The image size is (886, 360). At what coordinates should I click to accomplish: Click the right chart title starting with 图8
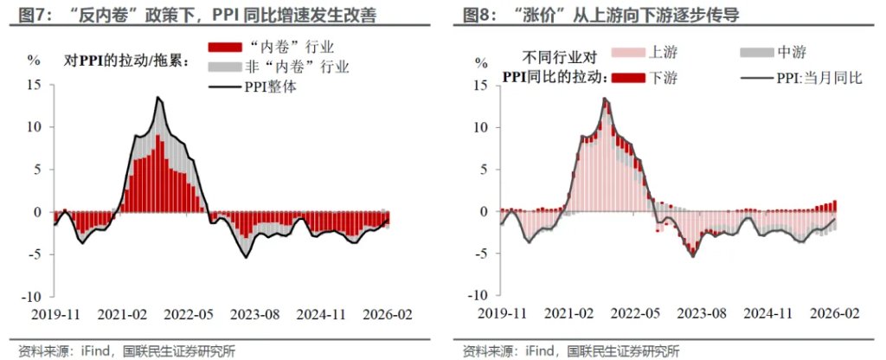pyautogui.click(x=606, y=16)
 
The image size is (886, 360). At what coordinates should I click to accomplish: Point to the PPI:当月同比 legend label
pyautogui.click(x=813, y=79)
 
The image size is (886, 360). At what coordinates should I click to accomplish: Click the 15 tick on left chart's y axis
pyautogui.click(x=34, y=85)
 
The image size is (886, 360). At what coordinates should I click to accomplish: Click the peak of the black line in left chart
pyautogui.click(x=157, y=97)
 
